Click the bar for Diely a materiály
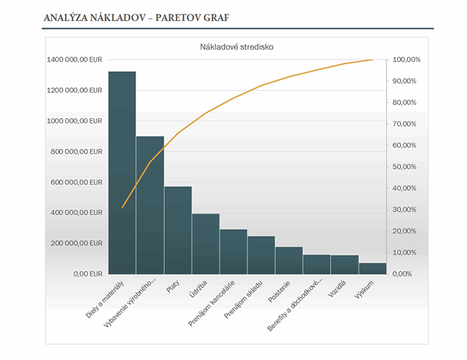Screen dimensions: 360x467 click(122, 173)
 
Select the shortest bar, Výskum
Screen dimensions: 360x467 click(372, 268)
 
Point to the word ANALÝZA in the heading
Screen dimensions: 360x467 click(66, 17)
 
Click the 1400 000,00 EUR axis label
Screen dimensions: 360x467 click(74, 60)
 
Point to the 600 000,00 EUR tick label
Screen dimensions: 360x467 click(76, 182)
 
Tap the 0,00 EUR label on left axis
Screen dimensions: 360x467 click(86, 273)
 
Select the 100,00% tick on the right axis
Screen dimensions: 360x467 click(406, 60)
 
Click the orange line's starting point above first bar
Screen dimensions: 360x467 click(122, 207)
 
